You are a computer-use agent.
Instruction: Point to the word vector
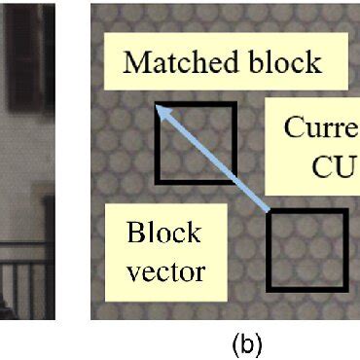[x=166, y=270]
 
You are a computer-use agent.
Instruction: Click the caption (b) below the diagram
[x=243, y=344]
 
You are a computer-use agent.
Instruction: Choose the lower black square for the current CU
[x=307, y=250]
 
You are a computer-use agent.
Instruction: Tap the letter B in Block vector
[x=134, y=234]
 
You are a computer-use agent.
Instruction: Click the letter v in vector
[x=134, y=271]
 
